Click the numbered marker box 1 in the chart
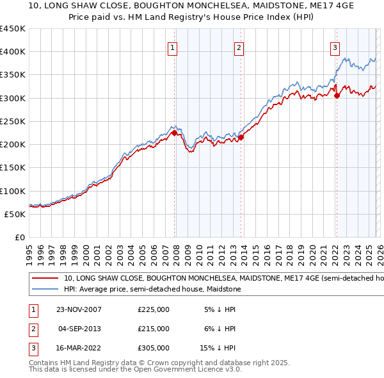click(173, 47)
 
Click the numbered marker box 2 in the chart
click(239, 47)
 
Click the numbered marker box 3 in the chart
click(335, 47)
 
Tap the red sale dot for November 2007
click(174, 133)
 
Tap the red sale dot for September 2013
click(241, 137)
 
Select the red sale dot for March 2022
click(337, 95)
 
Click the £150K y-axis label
click(13, 168)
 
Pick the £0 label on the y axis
click(19, 237)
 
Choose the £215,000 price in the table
click(154, 328)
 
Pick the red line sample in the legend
click(45, 279)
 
